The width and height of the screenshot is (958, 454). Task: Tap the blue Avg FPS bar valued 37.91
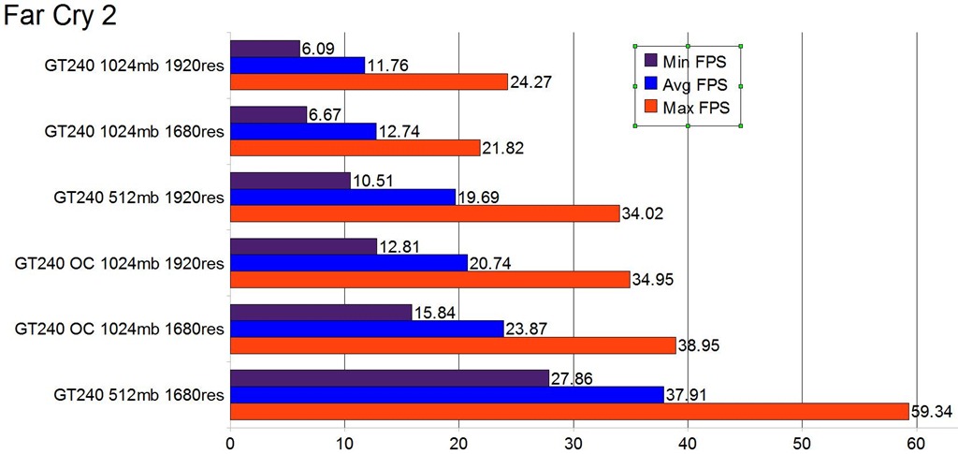(446, 394)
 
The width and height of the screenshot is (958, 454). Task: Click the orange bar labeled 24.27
(369, 81)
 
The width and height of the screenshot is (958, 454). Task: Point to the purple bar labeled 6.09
(265, 48)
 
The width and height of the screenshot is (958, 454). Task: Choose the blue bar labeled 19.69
(342, 197)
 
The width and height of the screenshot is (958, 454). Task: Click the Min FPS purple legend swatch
(652, 61)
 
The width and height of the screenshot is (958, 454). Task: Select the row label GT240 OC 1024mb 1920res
(120, 263)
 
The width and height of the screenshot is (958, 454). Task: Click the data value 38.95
(697, 346)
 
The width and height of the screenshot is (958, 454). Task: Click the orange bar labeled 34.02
(425, 213)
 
